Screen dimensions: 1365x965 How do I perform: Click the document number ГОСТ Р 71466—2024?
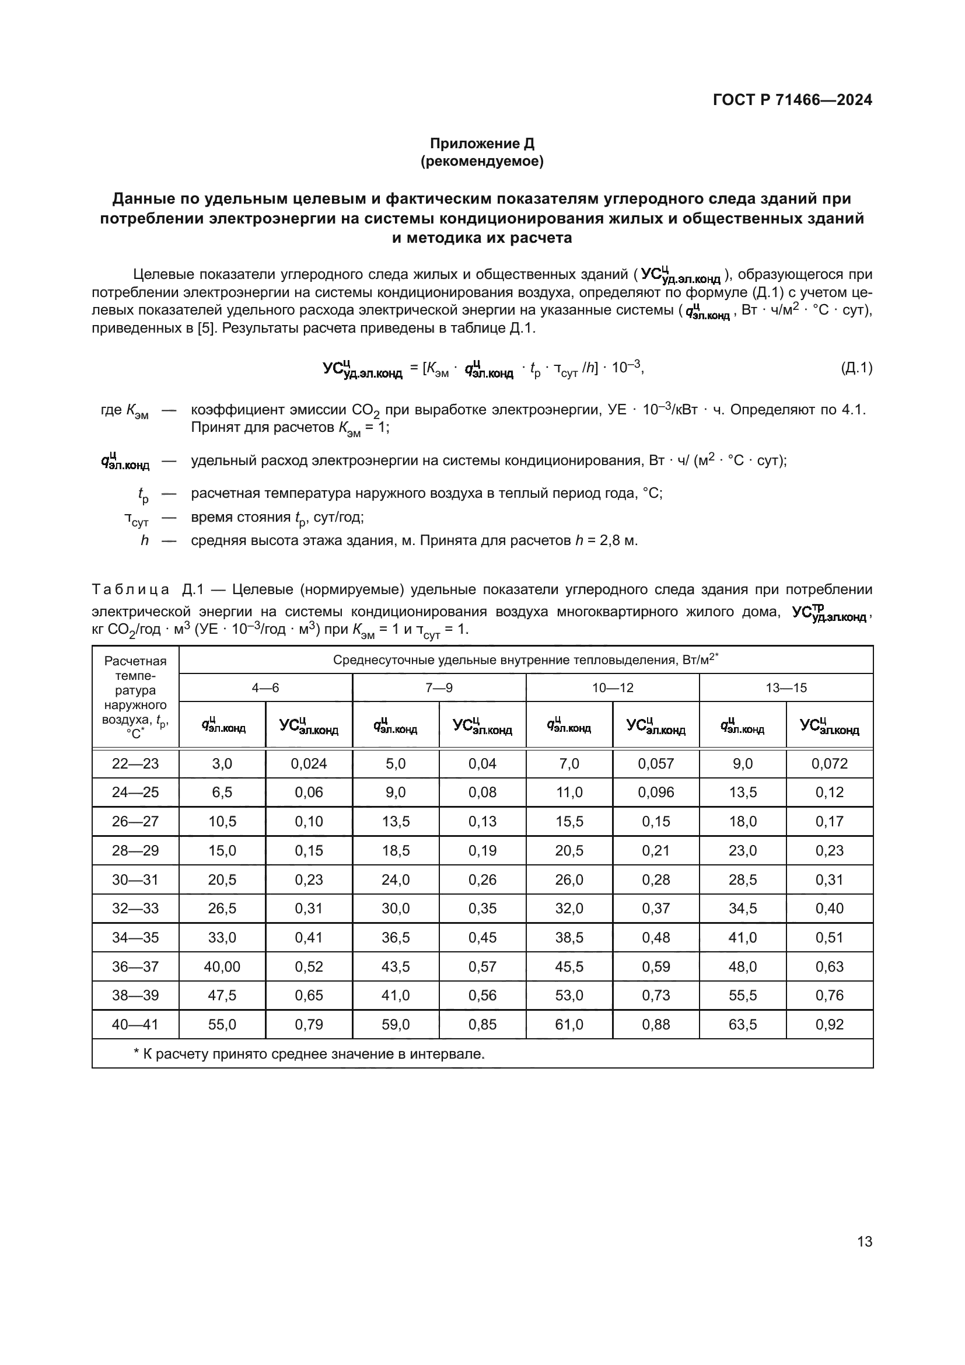click(792, 100)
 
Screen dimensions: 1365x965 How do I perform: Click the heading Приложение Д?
click(482, 144)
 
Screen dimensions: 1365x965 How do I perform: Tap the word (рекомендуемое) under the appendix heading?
click(482, 161)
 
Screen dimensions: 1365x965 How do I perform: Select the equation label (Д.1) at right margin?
click(856, 368)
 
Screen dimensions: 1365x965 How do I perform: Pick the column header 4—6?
click(265, 688)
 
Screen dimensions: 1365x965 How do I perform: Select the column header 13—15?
click(785, 688)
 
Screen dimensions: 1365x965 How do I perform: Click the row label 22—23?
click(135, 764)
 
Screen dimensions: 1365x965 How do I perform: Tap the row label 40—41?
click(135, 1024)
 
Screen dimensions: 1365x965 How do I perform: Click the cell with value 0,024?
click(309, 764)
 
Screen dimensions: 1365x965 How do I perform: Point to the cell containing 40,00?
click(222, 966)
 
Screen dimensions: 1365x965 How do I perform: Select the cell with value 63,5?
click(743, 1024)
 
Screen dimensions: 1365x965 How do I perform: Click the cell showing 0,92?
click(830, 1024)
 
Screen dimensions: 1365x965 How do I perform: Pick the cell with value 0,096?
click(656, 793)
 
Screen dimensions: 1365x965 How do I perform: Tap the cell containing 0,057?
click(656, 764)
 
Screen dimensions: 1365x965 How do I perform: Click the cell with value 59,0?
click(396, 1024)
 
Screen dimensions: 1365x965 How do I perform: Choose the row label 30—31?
click(135, 880)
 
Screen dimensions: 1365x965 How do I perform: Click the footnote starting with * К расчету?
click(309, 1054)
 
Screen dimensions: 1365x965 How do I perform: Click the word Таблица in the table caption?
click(130, 590)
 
